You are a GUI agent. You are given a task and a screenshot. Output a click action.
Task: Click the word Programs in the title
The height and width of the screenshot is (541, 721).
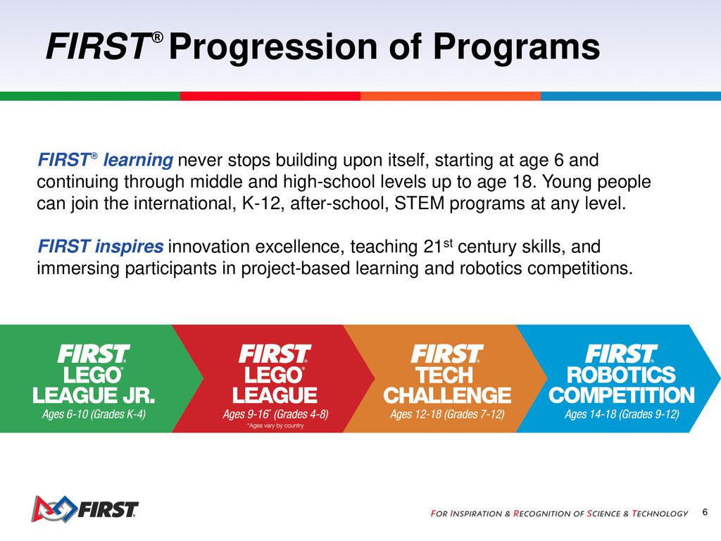(516, 47)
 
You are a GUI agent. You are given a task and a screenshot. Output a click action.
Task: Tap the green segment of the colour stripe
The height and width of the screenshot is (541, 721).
(90, 96)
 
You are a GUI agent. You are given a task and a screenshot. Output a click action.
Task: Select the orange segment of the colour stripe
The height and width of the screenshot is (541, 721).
(451, 96)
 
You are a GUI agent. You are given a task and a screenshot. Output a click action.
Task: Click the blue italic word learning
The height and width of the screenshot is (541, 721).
(138, 161)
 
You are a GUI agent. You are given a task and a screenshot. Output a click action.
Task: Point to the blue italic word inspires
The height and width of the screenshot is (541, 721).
(129, 247)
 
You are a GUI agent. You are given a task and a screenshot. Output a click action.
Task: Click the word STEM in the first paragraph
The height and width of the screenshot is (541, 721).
(420, 203)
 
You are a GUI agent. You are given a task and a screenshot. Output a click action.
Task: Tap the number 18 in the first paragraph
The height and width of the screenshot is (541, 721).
(522, 182)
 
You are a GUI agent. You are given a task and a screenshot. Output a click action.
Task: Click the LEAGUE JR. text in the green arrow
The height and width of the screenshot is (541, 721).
(94, 396)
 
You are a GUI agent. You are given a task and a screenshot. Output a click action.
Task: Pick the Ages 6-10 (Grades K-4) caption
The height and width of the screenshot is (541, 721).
(94, 414)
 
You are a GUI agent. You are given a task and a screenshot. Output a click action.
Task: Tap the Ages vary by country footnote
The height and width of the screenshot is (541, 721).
(275, 426)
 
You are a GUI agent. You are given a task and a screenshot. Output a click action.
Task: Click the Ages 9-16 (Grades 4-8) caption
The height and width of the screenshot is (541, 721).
(275, 414)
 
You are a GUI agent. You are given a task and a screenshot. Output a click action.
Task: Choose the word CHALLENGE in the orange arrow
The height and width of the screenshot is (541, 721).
(447, 396)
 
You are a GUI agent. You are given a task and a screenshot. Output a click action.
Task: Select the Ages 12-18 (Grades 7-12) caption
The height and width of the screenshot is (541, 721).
(447, 414)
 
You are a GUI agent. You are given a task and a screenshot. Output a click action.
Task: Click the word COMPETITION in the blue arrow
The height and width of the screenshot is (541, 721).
(622, 396)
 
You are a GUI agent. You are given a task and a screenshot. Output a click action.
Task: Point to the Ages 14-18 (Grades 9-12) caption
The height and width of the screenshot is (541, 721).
(622, 414)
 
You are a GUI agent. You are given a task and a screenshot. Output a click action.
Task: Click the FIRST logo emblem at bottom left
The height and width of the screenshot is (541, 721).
(54, 509)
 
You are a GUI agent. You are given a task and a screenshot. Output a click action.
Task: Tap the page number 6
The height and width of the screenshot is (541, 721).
(705, 512)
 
